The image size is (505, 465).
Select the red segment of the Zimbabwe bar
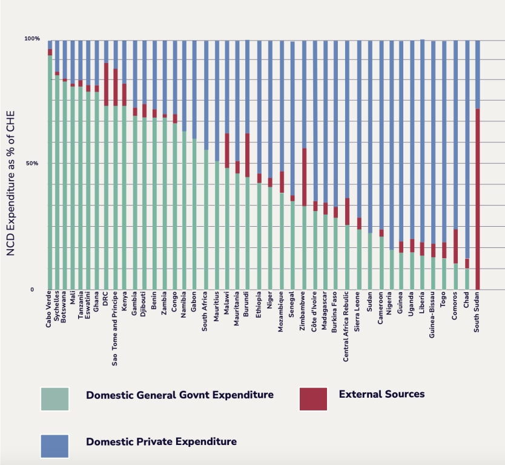click(305, 177)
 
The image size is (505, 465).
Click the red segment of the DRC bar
click(106, 84)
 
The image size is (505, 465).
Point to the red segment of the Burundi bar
click(247, 155)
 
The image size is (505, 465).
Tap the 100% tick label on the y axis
click(31, 39)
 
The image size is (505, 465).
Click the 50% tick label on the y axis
click(31, 164)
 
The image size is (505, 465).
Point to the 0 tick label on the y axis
click(33, 290)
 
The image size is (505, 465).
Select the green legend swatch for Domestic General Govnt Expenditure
click(54, 399)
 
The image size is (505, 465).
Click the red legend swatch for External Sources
click(313, 399)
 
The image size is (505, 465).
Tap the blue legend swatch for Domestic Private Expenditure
click(54, 446)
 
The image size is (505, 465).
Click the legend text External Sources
click(381, 394)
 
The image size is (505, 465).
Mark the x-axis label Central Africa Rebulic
click(346, 327)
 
